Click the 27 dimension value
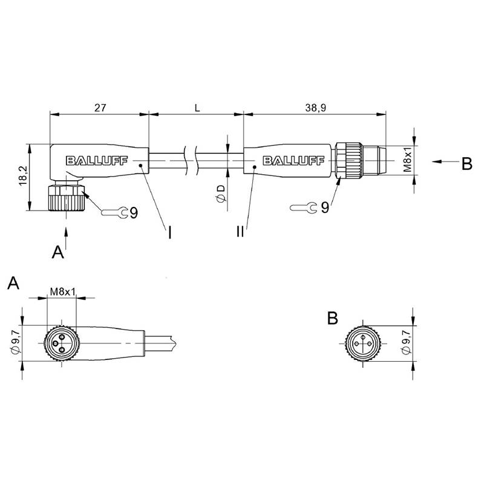100,108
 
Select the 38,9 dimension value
315,108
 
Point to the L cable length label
197,108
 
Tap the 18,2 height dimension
24,176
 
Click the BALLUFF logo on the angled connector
97,160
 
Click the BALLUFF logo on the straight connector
293,160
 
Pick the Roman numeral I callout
169,233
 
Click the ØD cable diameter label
221,194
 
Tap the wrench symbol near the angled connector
115,212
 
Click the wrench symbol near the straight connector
304,208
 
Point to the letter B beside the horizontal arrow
466,164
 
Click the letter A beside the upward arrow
57,252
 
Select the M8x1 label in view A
63,292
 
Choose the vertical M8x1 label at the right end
407,160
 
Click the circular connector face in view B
363,343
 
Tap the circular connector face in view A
62,343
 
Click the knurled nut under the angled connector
67,198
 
